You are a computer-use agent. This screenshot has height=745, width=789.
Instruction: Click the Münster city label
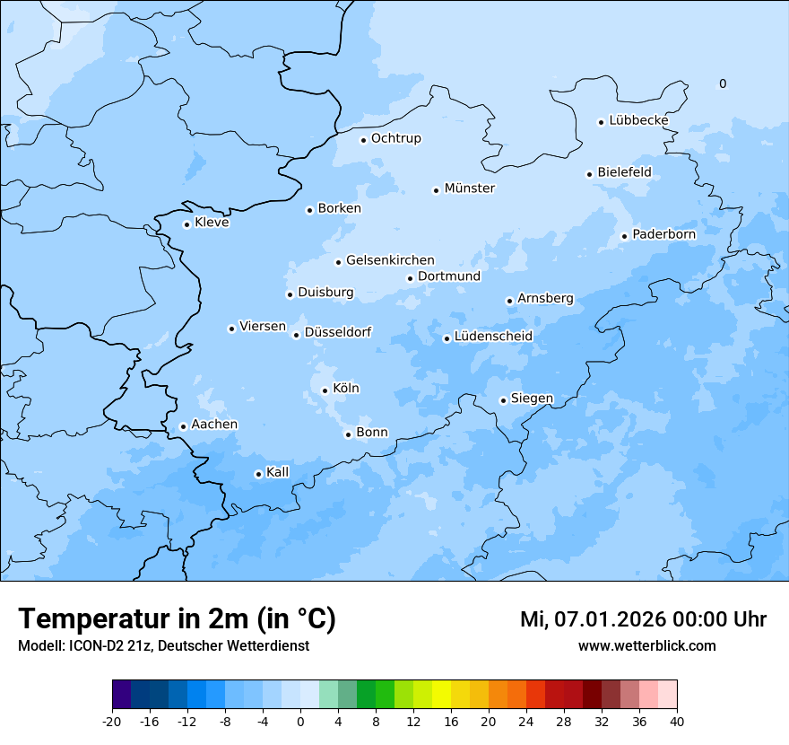point(469,188)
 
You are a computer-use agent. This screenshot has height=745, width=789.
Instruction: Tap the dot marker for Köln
point(325,390)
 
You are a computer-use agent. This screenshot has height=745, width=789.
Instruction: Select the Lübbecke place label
point(638,120)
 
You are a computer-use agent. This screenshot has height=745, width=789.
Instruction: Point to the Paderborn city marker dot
point(624,236)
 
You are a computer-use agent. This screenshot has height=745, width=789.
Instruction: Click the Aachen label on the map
point(214,425)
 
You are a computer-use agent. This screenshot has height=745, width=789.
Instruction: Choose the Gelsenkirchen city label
point(390,260)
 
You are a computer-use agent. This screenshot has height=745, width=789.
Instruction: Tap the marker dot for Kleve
point(186,224)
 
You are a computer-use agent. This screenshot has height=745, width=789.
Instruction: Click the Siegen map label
point(532,399)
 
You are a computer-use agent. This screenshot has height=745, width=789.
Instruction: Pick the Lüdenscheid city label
point(493,337)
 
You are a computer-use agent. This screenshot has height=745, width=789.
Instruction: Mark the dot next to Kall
point(258,474)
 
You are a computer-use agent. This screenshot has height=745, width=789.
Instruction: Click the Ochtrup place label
point(395,138)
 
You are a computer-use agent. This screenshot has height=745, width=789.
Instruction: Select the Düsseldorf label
point(337,332)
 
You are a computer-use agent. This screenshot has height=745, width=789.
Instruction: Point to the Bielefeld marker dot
point(589,174)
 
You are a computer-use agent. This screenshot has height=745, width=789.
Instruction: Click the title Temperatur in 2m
point(177,619)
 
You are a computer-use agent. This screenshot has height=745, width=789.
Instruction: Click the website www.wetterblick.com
point(646,646)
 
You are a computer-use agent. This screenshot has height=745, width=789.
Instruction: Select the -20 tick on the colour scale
point(112,722)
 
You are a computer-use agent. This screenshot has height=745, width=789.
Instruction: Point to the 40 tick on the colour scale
point(677,722)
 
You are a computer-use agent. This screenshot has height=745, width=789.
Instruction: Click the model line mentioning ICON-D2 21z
point(163,646)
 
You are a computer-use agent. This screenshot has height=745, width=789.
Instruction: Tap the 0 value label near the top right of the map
point(723,84)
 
